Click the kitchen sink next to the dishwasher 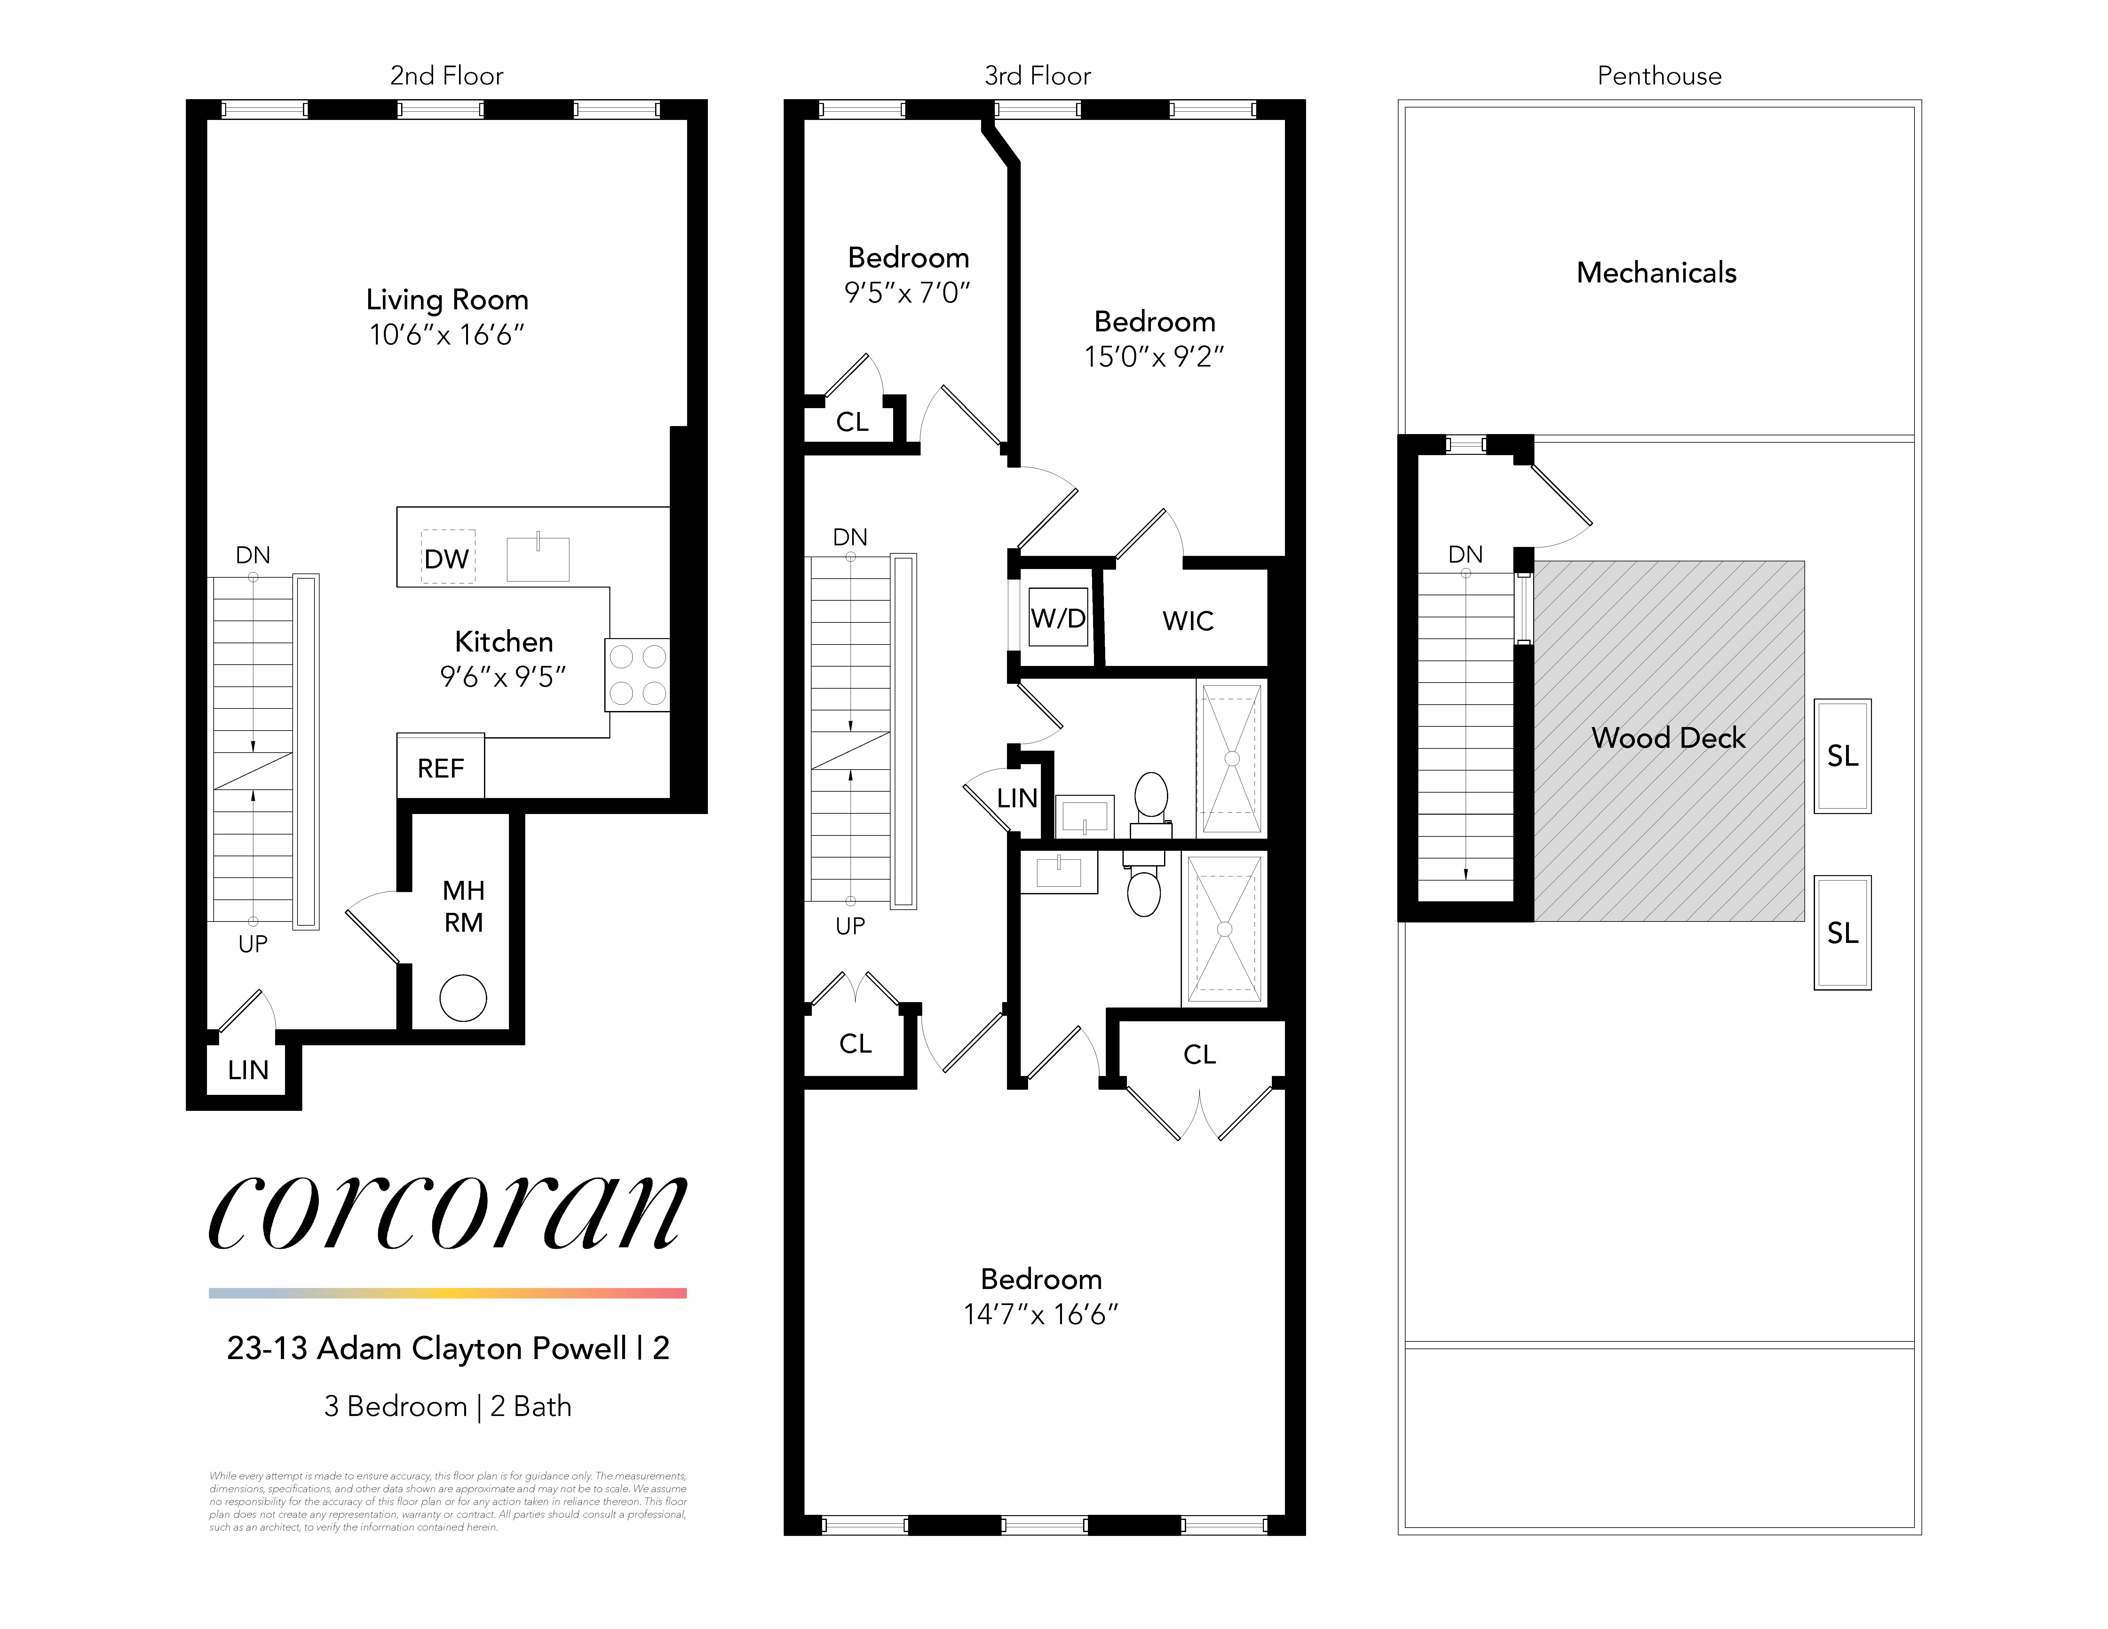[538, 558]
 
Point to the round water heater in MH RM [463, 998]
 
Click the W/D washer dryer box [1058, 618]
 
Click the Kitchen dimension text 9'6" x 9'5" [503, 676]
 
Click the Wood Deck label [1668, 737]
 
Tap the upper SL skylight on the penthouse [1842, 755]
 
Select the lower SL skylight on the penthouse [1842, 932]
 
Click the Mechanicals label [1656, 273]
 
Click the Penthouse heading [1658, 76]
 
